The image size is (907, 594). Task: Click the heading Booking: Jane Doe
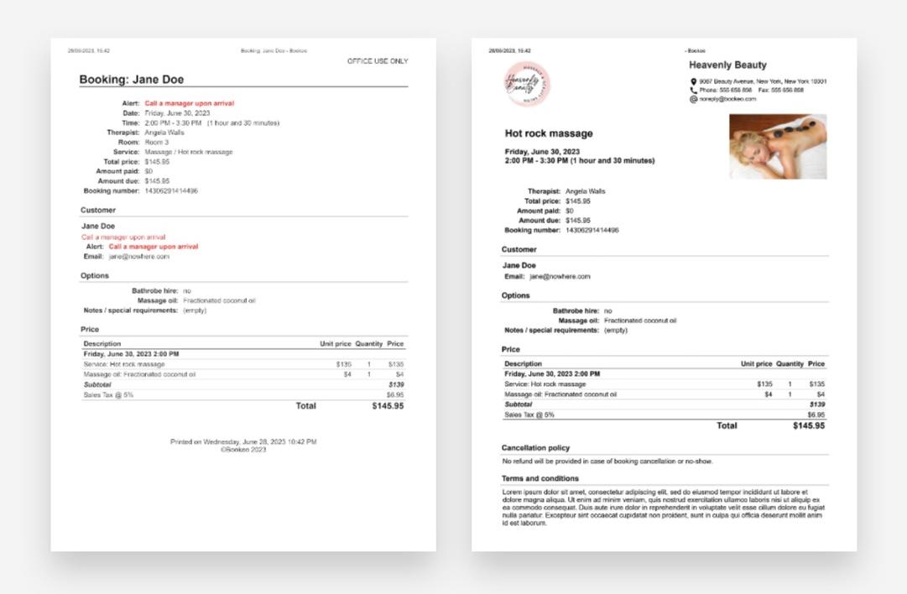coord(131,80)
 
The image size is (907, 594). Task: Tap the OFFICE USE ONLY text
coord(378,61)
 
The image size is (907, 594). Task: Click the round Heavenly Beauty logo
coord(526,84)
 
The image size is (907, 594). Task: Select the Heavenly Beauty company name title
coord(727,65)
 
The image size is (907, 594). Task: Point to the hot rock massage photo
coord(778,147)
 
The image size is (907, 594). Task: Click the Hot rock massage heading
coord(549,133)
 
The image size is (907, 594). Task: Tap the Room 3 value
coord(157,143)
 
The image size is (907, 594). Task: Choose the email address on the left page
coord(138,257)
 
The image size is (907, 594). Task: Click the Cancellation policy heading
coord(535,448)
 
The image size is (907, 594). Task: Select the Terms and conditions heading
coord(540,479)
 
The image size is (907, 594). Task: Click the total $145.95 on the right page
coord(808,425)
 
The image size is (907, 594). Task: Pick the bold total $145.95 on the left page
coord(388,406)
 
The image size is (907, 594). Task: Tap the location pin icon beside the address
coord(694,81)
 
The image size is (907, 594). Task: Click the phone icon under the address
coord(694,90)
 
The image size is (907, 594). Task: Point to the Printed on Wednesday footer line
coord(243,441)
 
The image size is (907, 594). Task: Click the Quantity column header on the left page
coord(368,344)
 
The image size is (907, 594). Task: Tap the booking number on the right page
coord(592,230)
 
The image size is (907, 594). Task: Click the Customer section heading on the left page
coord(98,210)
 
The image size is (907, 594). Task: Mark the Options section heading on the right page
coord(516,295)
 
